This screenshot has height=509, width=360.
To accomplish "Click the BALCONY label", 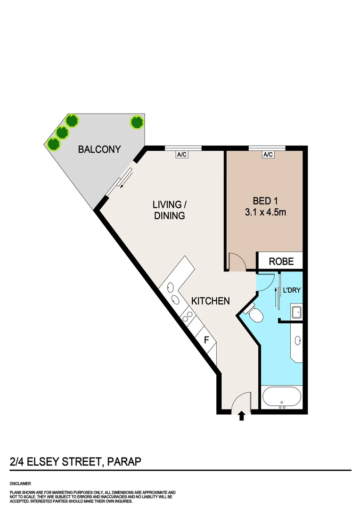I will click(99, 149).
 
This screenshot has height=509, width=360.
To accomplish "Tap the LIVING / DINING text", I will click(168, 210).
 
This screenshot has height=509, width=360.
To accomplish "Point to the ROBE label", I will click(281, 262).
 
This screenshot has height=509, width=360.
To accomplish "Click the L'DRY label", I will click(291, 290).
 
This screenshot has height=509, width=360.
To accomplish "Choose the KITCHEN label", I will click(210, 301).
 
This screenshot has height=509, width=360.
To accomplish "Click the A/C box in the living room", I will click(182, 154).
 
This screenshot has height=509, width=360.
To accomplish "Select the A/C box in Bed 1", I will click(268, 154).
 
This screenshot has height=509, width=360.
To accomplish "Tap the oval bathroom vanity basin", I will click(297, 340).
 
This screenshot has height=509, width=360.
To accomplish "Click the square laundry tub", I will click(297, 312).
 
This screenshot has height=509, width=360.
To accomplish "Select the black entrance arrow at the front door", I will click(242, 415).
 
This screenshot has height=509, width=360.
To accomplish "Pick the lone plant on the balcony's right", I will click(137, 123).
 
